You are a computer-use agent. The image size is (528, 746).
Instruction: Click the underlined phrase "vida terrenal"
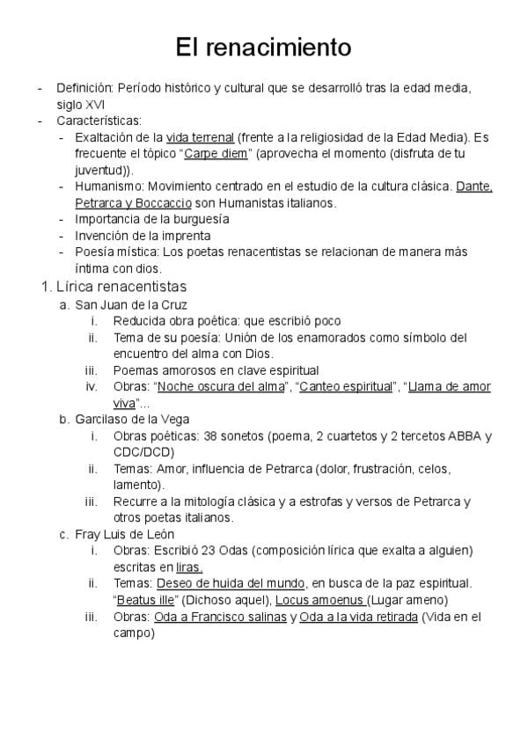[x=200, y=137]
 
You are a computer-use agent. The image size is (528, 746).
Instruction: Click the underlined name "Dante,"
[x=474, y=186]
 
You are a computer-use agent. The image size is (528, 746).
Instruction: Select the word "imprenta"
[x=183, y=236]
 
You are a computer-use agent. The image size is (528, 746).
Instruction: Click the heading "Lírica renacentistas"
[x=121, y=287]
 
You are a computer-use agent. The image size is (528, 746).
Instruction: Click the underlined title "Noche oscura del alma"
[x=220, y=386]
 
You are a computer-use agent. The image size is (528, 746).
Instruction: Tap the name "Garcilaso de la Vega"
[x=132, y=419]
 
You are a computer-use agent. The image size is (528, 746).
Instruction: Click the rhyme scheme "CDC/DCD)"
[x=141, y=452]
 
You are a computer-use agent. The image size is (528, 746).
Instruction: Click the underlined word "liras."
[x=189, y=567]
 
